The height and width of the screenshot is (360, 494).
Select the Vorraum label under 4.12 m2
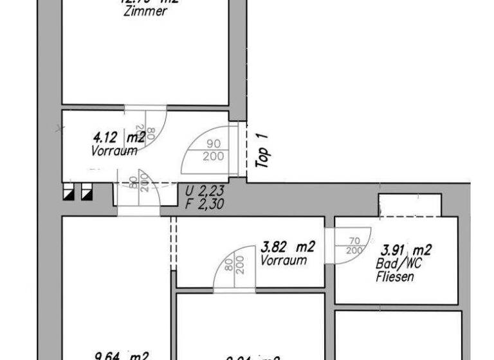coord(114,151)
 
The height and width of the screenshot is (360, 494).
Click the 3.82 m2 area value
coord(288,247)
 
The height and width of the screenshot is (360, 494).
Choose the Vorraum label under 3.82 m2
coord(284,261)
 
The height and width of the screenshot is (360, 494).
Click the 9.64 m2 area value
coord(122,355)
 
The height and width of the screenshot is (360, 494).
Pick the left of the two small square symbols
coord(68,192)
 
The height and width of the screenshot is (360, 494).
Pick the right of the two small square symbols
coord(86,192)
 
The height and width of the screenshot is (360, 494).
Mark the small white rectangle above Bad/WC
coord(410,204)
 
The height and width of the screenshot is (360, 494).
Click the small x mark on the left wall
coord(60,129)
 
